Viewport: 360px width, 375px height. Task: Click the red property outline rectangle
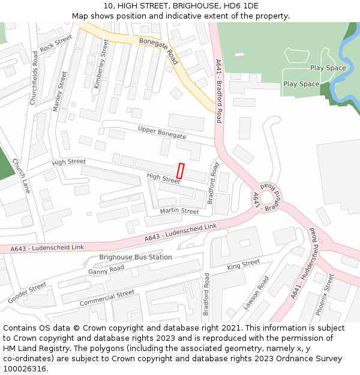point(181,170)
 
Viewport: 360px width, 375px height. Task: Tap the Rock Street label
point(56,43)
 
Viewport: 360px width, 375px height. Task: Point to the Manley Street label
point(60,92)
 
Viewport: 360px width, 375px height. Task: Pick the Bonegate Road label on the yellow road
point(159,50)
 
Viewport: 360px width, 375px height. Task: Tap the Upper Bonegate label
point(162,133)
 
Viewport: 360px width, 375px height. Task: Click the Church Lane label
point(21,176)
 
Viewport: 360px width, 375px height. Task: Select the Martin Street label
point(179,211)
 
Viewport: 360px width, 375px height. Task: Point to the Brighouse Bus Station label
point(136,257)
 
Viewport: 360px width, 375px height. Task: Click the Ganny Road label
point(106,271)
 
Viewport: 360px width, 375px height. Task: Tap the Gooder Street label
point(27,293)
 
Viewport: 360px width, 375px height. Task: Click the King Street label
point(243,264)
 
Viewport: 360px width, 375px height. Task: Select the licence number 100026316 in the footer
point(25,368)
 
